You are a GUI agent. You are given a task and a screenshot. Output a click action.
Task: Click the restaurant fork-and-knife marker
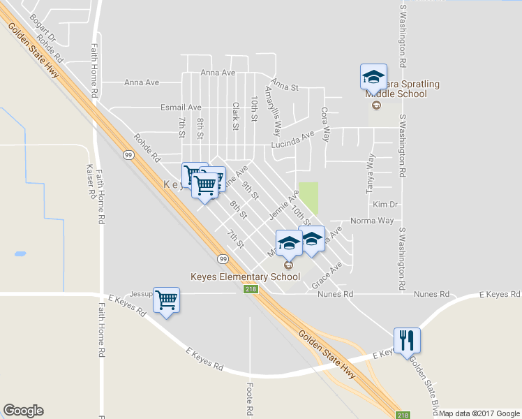(407, 341)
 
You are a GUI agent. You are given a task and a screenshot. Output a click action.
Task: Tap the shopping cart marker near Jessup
(166, 301)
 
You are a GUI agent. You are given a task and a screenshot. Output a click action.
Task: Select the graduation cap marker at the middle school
(373, 77)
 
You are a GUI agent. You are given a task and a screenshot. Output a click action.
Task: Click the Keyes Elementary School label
(246, 277)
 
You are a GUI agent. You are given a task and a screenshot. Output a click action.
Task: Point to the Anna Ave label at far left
(142, 82)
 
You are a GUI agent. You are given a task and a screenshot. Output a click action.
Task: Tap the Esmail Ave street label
(181, 108)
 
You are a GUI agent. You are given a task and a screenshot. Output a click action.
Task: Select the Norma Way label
(372, 221)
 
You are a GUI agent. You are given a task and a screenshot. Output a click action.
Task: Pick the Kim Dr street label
(385, 205)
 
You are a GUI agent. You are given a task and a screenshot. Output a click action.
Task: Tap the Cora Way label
(325, 124)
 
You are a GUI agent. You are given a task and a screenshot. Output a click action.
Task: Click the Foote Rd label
(250, 396)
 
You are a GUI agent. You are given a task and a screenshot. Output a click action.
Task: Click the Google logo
(23, 411)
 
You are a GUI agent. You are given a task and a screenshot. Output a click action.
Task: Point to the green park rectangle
(308, 198)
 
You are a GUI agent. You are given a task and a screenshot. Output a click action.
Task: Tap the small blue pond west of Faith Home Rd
(19, 253)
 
